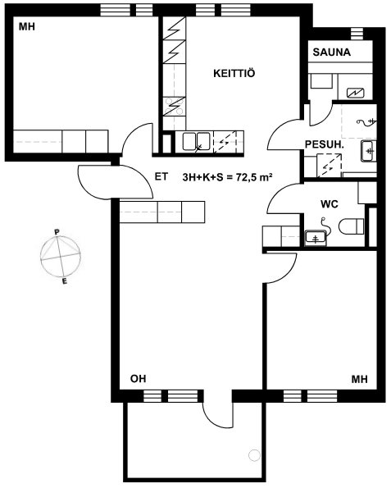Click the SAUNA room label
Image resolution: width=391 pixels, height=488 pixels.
coord(332,52)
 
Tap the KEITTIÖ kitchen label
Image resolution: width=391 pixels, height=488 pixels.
coord(234,74)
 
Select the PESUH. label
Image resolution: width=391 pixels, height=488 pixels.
coord(325,144)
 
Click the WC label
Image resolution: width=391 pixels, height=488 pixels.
coord(330,204)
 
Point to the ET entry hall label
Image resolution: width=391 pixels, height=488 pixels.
coord(161,177)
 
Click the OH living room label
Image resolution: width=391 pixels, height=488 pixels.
coord(138,379)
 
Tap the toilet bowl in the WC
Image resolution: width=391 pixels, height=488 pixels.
coord(351,226)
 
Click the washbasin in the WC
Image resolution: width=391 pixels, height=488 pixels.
coord(316,238)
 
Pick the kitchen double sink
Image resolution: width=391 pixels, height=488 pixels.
coord(196,141)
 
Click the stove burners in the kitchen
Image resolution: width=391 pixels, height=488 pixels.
coord(175,106)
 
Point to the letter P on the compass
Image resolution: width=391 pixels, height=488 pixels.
coord(57,232)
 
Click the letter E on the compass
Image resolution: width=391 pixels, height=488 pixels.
coord(65,281)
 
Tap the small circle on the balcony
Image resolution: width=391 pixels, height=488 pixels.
coord(254,455)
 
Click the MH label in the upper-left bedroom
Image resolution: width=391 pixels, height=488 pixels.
coord(27,27)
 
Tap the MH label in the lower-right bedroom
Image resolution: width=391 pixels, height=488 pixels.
coord(360,379)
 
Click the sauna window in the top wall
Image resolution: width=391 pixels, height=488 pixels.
coord(357,34)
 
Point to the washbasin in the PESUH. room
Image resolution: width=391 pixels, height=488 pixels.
coord(369,151)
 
